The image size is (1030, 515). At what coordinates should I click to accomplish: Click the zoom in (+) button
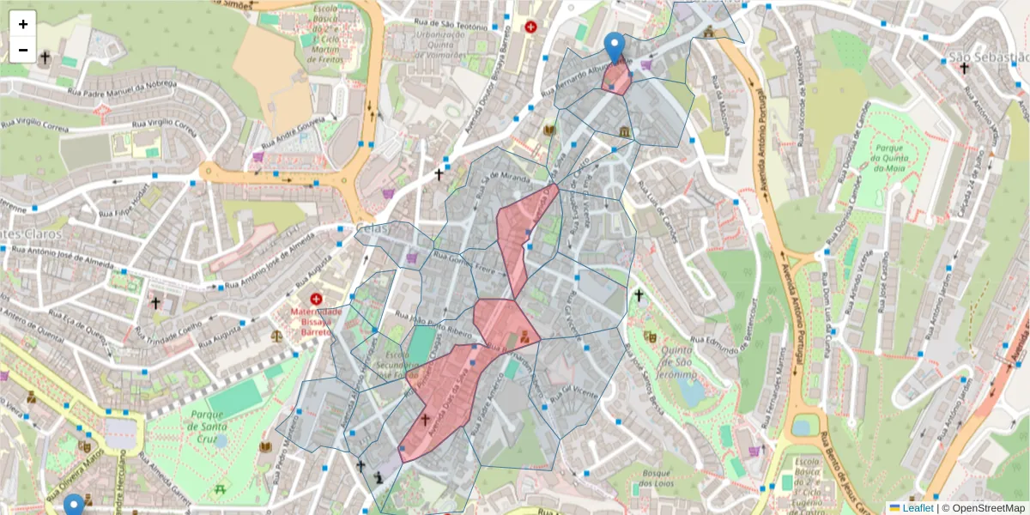click(23, 24)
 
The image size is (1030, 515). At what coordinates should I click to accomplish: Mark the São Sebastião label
click(987, 58)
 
